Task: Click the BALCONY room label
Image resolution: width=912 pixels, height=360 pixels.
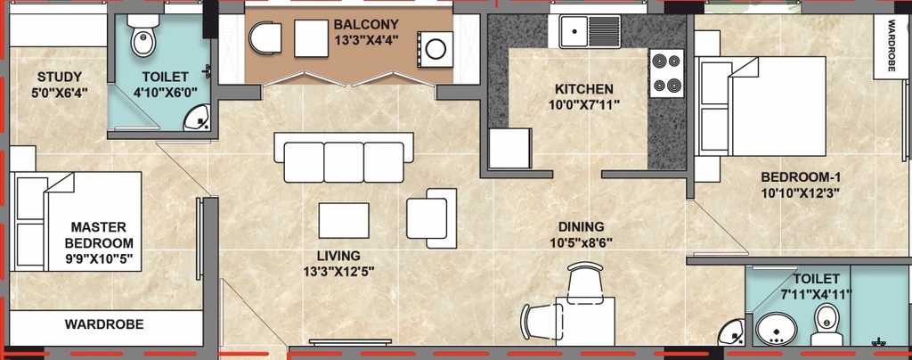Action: (x=366, y=24)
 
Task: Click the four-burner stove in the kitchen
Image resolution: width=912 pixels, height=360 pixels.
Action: (x=666, y=73)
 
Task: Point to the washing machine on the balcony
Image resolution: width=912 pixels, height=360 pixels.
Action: (x=435, y=49)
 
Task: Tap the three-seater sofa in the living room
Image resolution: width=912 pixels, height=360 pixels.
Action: (x=344, y=157)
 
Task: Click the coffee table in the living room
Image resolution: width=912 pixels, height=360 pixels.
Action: (x=344, y=220)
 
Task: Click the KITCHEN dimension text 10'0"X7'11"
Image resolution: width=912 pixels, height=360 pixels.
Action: (x=583, y=104)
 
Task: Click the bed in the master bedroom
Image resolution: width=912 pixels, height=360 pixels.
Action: (x=77, y=222)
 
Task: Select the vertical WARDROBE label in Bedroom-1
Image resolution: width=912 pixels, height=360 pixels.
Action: (x=892, y=46)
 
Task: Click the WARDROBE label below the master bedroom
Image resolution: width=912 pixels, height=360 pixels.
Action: (x=104, y=324)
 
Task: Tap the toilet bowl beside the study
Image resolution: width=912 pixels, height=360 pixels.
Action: (x=142, y=36)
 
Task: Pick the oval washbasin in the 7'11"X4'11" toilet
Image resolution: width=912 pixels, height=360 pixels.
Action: (x=777, y=329)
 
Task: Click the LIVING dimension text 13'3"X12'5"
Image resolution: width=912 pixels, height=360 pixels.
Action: (x=338, y=271)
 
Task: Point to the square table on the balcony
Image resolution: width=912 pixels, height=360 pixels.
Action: (x=311, y=38)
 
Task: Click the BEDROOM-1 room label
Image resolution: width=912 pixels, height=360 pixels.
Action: (x=801, y=177)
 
